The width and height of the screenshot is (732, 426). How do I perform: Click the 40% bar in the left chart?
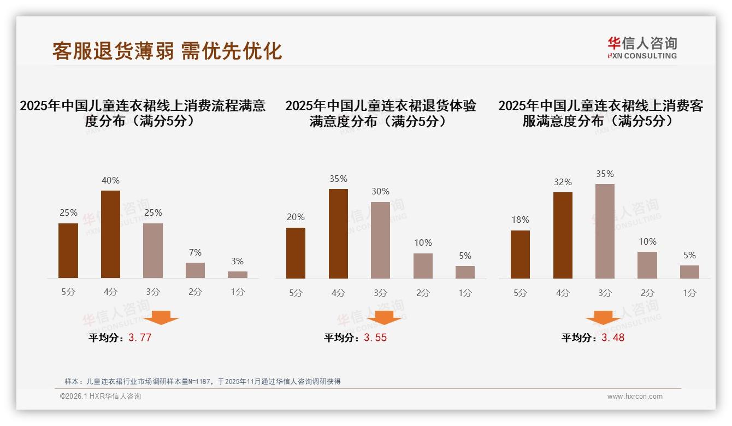pos(110,234)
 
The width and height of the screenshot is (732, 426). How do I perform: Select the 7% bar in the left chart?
pos(195,270)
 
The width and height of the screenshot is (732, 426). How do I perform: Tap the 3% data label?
pos(237,262)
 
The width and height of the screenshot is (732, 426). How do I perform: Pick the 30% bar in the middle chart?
pos(380,240)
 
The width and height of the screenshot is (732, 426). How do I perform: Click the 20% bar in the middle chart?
pos(296,253)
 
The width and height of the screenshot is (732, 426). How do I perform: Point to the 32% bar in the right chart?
pos(563,235)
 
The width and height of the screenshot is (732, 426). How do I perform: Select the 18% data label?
pos(520,220)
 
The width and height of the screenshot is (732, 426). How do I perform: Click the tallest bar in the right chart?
pos(605,231)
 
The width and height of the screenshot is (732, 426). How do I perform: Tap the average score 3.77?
pos(140,338)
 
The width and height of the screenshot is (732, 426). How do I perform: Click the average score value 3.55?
pos(375,338)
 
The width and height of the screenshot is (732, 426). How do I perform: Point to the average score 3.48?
pos(613,338)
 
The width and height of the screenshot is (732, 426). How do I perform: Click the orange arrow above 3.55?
pos(384,317)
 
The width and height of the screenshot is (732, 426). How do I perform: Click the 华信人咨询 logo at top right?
pos(642,48)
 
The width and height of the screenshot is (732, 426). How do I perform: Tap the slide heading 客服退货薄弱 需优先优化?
pos(167,51)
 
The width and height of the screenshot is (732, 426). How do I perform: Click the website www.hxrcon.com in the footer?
pos(635,397)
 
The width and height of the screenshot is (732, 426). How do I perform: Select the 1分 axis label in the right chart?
pos(689,293)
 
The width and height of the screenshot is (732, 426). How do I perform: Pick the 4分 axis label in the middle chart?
pos(338,293)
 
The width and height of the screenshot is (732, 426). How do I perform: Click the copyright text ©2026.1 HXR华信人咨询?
pos(101,397)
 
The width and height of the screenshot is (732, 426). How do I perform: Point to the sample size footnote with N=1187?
pos(203,381)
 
